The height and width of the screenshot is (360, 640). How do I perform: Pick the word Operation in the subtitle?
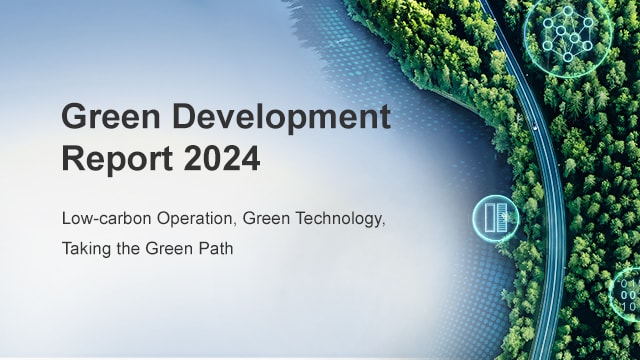pos(188,216)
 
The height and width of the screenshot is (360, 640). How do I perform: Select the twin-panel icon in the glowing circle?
pos(496,218)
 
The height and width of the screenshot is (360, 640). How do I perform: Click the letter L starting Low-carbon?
pos(66,216)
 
